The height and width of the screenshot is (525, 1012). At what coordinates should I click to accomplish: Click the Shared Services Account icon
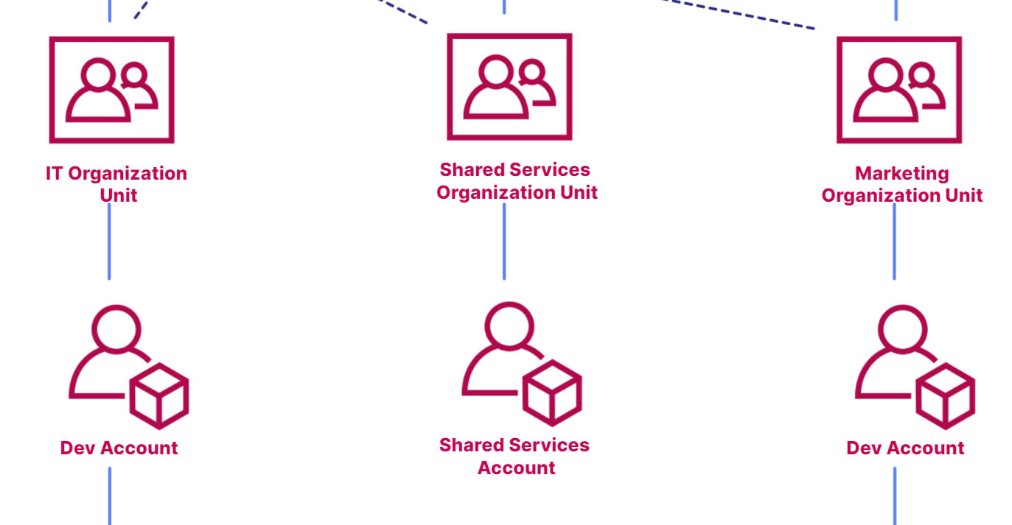[521, 364]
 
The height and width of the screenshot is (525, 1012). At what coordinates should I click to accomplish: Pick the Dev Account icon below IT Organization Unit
[129, 367]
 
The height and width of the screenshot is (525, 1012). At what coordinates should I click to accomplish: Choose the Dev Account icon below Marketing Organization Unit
[915, 367]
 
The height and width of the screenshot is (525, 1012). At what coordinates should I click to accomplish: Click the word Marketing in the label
[901, 174]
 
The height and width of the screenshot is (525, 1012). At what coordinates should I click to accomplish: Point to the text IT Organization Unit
[116, 184]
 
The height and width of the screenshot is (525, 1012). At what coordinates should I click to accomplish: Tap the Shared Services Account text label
[514, 457]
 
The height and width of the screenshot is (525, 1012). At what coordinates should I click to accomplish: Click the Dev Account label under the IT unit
[119, 448]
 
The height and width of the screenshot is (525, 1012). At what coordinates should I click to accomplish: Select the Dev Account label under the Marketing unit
[905, 448]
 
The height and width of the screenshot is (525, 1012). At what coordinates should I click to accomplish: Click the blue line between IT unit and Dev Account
[109, 242]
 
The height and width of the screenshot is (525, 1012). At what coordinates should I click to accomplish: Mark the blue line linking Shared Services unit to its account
[504, 242]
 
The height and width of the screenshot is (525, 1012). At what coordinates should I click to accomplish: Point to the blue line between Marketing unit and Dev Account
[895, 242]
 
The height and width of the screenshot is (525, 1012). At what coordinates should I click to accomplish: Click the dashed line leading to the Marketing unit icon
[739, 14]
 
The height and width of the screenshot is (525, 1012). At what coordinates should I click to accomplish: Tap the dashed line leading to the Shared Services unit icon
[403, 11]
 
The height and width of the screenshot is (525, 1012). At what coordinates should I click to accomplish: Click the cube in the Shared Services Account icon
[552, 392]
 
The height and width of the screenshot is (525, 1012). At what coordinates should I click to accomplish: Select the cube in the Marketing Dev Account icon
[946, 396]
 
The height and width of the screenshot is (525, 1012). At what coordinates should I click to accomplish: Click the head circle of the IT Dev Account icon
[116, 329]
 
